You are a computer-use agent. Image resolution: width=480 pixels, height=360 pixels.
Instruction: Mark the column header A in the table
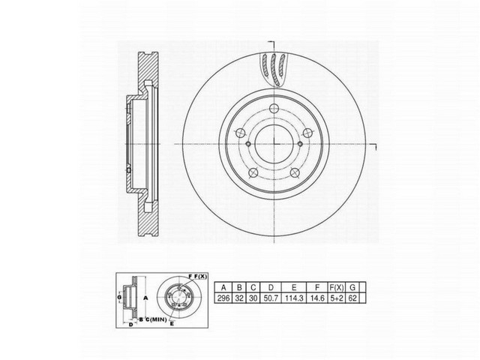223,286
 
